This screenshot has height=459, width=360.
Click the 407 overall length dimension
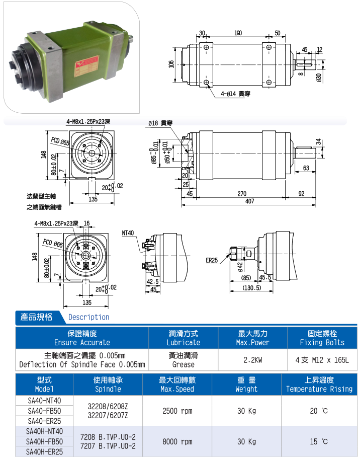[249, 201]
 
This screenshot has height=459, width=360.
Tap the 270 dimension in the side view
[242, 194]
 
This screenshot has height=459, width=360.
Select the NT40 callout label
[128, 233]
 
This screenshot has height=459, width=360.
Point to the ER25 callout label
[212, 260]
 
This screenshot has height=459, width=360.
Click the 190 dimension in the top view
[238, 33]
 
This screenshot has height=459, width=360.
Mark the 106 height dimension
[171, 64]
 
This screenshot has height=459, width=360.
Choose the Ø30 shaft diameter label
[319, 78]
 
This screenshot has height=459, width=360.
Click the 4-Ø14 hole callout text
[235, 94]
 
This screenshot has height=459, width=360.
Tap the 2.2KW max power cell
[253, 360]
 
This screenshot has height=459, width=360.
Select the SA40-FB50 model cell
[44, 411]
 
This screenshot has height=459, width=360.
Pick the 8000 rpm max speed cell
[177, 441]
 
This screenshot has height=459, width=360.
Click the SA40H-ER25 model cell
[44, 451]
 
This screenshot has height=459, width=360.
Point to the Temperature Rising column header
[319, 389]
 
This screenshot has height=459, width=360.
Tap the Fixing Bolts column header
[322, 343]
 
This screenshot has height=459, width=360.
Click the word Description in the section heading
[88, 317]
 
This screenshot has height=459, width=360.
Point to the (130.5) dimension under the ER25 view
[251, 288]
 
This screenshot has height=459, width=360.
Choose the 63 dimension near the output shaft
[306, 168]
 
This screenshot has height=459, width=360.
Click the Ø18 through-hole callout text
[160, 123]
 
